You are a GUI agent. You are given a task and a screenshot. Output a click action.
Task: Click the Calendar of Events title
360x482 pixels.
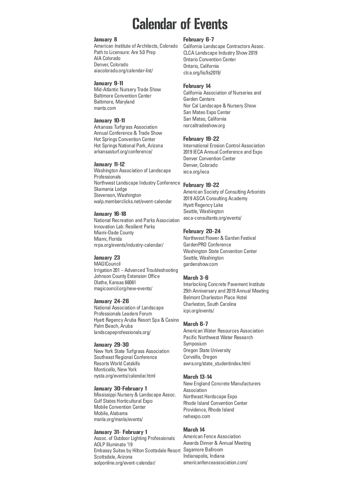180,24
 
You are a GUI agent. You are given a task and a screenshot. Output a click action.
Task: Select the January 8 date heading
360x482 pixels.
106,40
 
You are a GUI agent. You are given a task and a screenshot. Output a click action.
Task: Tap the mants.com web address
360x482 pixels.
105,108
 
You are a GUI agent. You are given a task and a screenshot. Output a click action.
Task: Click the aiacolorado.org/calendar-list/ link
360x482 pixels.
123,71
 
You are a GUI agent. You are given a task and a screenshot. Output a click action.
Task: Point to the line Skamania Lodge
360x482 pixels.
110,189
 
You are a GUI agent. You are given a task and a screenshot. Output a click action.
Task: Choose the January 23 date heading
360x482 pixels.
107,258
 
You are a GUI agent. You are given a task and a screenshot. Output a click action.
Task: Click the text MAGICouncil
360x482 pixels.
107,264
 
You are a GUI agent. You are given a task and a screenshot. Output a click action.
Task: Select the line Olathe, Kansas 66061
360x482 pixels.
115,282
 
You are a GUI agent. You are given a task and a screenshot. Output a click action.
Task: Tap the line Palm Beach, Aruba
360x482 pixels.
113,326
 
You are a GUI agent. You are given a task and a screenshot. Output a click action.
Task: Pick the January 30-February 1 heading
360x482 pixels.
120,388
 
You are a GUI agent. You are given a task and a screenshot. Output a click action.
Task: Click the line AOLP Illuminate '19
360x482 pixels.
113,444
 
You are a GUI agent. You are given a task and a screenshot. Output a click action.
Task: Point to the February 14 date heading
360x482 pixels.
197,86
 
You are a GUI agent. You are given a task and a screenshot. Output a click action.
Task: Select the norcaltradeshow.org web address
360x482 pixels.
204,125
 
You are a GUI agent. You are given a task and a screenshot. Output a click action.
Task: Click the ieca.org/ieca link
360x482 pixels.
196,172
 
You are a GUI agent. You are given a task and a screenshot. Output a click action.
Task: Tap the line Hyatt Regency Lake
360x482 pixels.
203,205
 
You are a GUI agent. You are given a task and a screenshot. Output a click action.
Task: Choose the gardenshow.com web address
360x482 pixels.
200,264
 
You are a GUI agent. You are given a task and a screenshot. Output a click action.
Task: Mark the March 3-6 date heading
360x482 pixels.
196,278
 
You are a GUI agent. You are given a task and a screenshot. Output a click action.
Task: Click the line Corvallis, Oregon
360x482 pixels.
200,357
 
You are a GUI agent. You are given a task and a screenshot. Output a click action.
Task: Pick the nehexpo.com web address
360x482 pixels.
196,416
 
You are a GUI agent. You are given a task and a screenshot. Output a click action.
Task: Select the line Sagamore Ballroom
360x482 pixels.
203,450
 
